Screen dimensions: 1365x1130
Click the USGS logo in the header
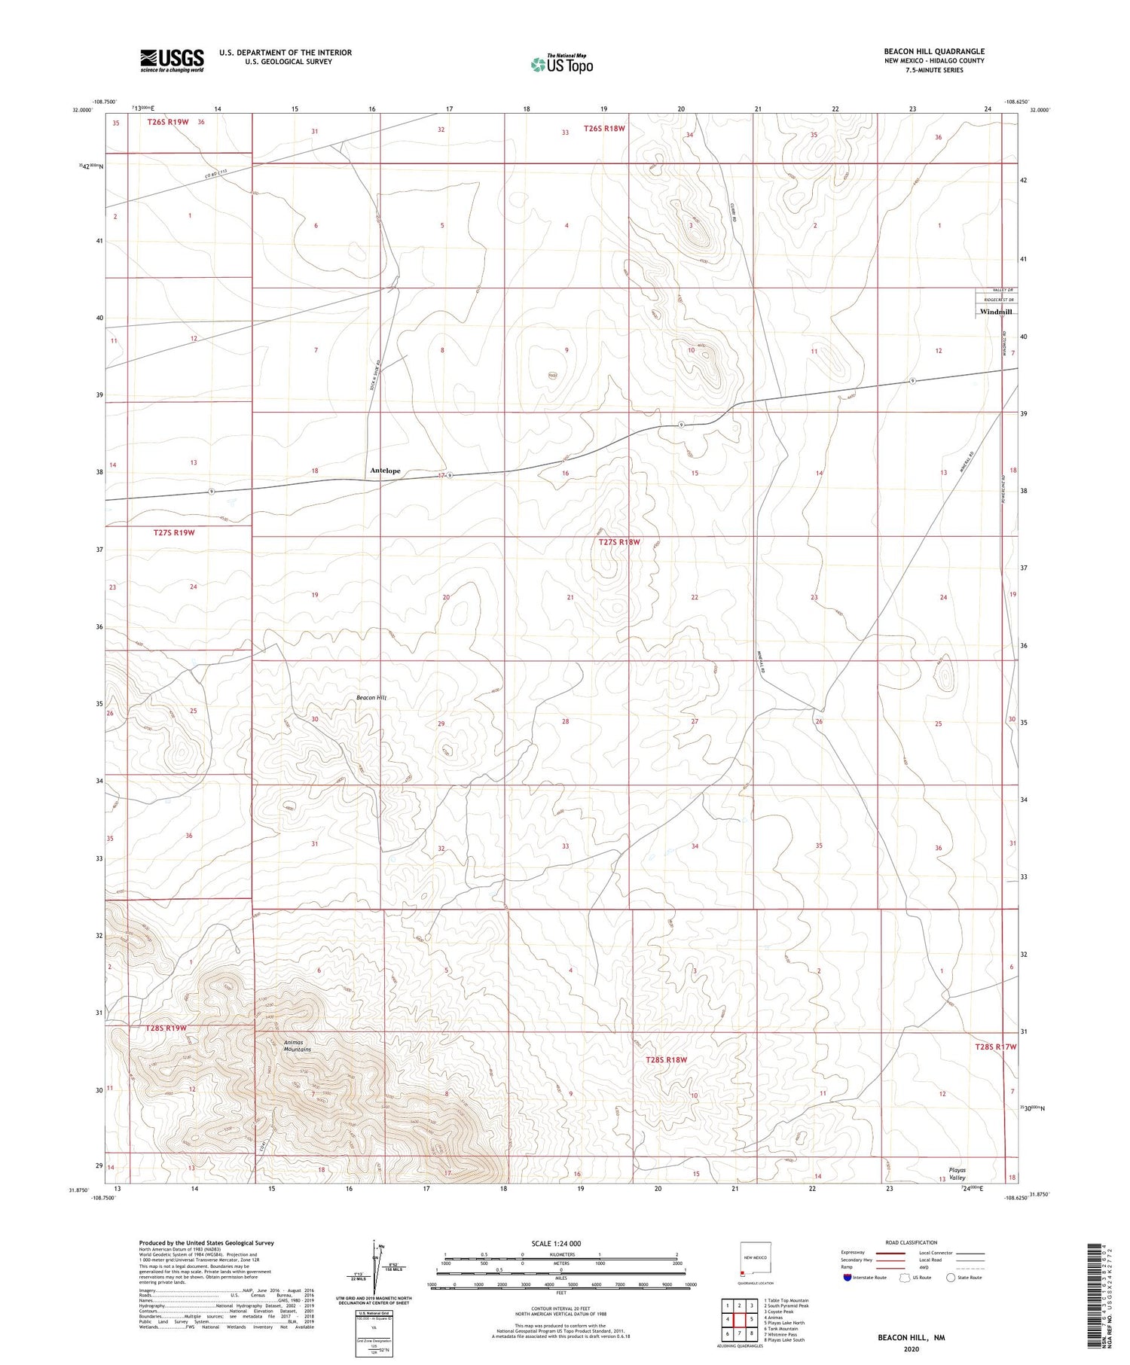coord(172,60)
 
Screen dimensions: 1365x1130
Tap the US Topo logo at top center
coord(562,64)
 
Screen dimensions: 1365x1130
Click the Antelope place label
coord(385,471)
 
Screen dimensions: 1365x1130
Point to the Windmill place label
coord(995,312)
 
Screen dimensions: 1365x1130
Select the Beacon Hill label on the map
coord(371,698)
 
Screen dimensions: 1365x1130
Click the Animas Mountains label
coord(297,1046)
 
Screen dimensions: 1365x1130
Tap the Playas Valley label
coord(957,1174)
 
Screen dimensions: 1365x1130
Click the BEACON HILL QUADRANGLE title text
coord(934,52)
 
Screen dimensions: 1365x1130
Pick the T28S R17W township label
coord(995,1047)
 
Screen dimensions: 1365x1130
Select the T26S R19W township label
coord(168,122)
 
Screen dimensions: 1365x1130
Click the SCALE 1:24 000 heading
coord(557,1243)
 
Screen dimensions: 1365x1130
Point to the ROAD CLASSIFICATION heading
coord(912,1242)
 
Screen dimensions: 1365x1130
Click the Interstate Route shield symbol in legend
coord(847,1278)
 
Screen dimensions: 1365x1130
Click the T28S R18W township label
coord(667,1060)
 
